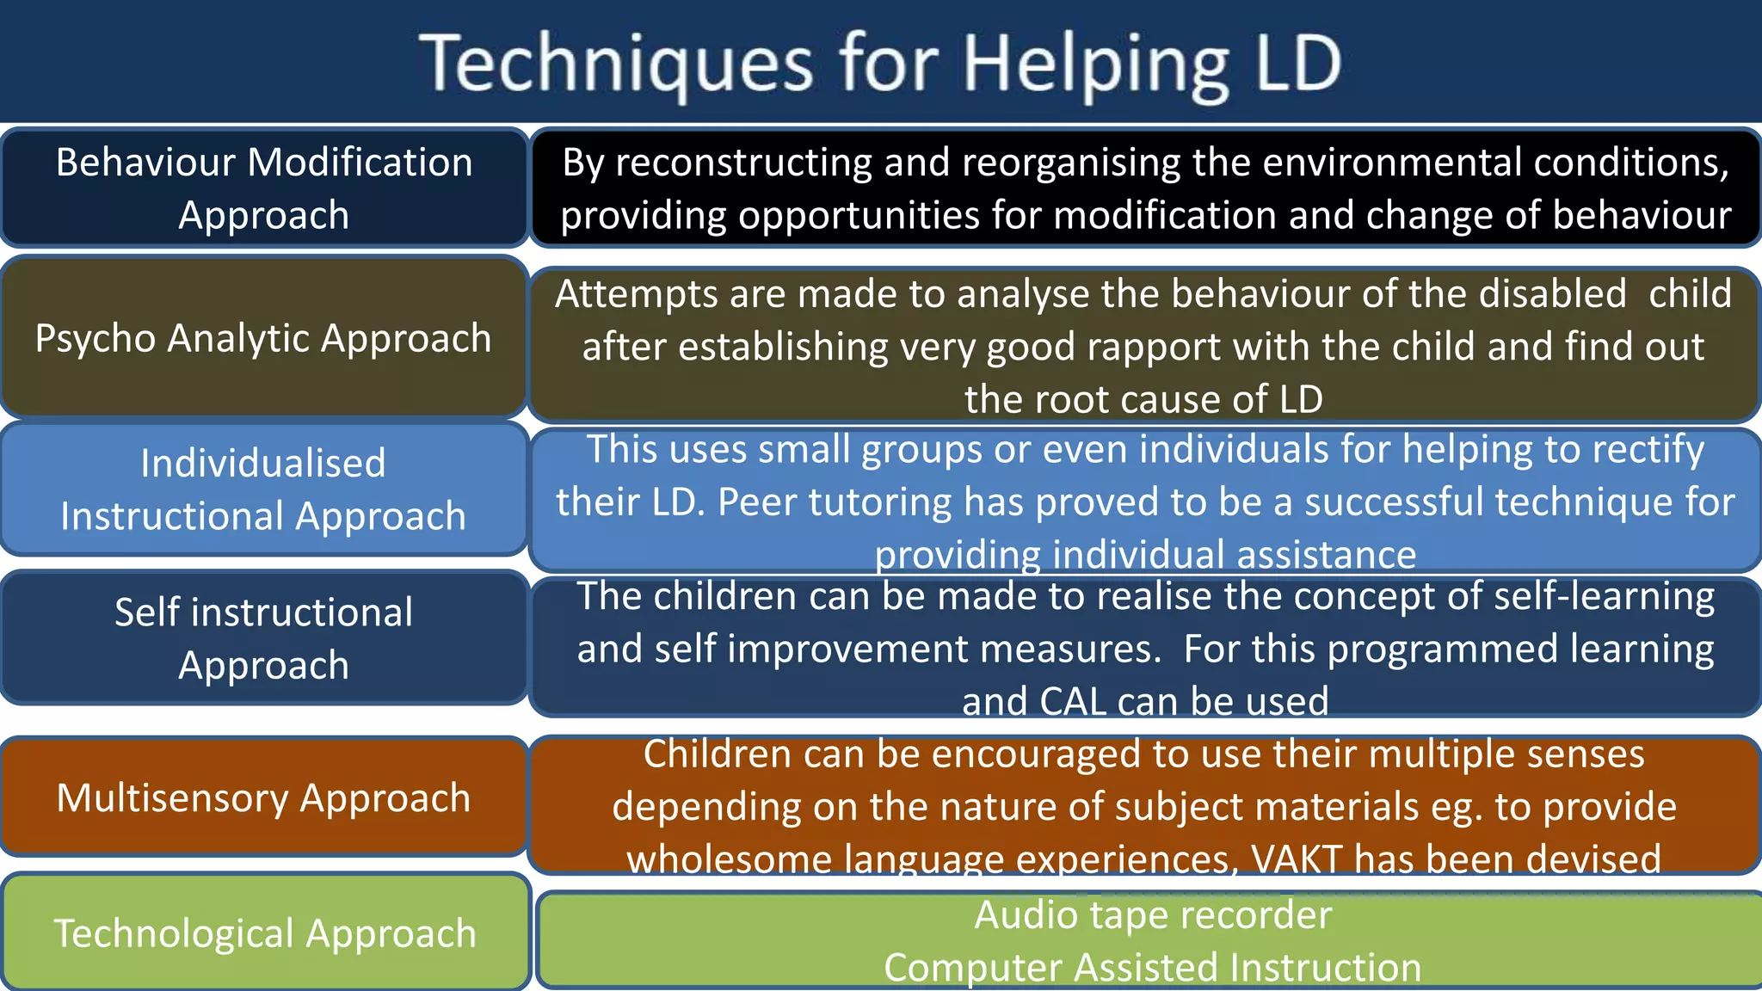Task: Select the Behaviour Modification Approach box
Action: coord(264,188)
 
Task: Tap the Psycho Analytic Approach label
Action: coord(263,338)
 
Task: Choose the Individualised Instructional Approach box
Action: coord(263,489)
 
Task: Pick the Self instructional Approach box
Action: coord(263,638)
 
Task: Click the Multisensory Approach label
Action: coord(263,797)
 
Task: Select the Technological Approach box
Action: coord(265,933)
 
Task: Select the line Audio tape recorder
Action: coord(1153,915)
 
